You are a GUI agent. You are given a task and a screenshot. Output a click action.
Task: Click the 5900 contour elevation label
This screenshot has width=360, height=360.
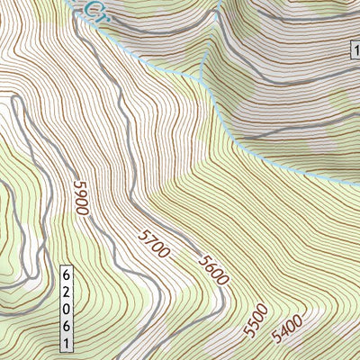[81, 198]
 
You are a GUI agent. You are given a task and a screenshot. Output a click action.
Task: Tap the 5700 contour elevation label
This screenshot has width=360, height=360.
[154, 245]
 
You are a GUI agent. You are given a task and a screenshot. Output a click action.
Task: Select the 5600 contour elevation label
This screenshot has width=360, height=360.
[213, 269]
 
